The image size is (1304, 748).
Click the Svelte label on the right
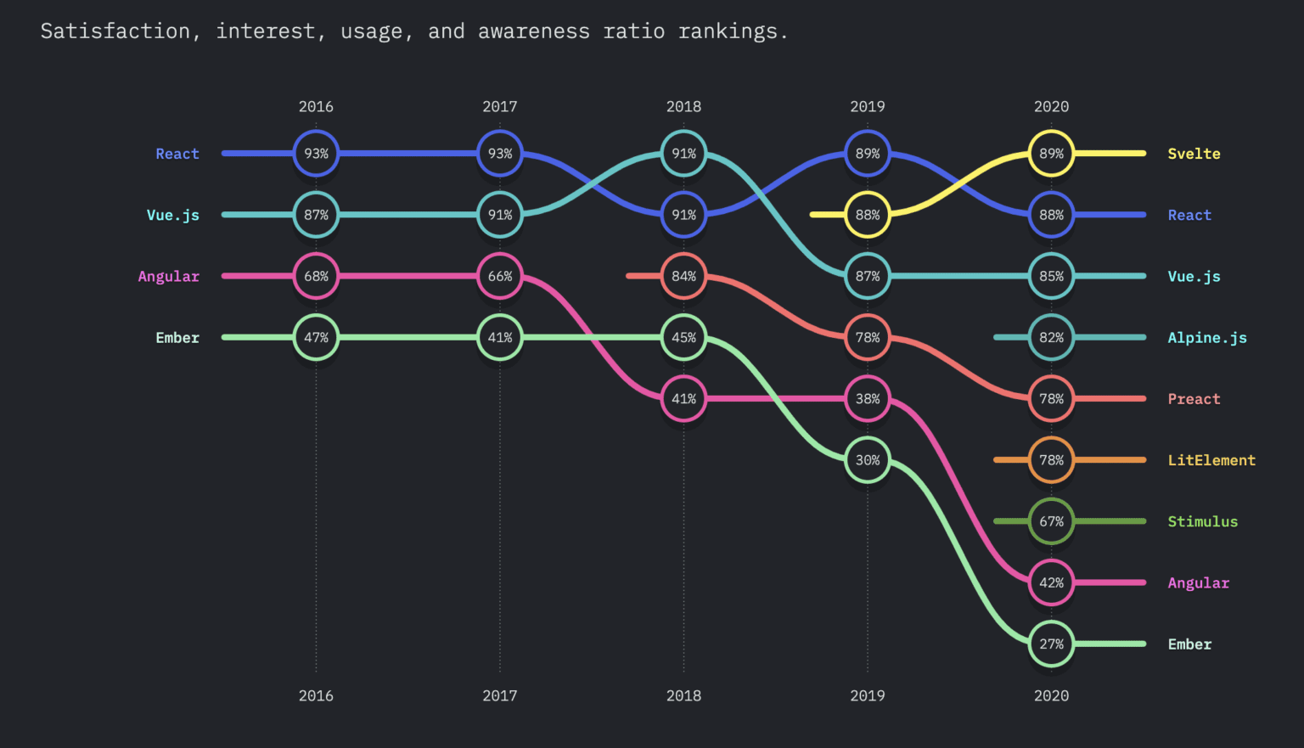tap(1194, 154)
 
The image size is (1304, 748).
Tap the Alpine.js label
tap(1206, 338)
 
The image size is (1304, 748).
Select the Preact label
tap(1194, 399)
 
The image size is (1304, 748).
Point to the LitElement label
tap(1211, 460)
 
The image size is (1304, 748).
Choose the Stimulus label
tap(1202, 521)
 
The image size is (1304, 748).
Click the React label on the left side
tap(177, 154)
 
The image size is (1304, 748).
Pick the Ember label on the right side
tap(1189, 644)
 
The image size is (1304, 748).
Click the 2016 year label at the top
tap(316, 106)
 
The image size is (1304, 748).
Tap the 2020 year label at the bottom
tap(1051, 695)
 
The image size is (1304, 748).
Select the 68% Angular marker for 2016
tap(316, 276)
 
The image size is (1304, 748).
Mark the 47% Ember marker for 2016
tap(316, 337)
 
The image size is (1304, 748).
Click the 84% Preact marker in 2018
tap(683, 276)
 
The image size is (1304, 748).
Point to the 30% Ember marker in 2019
tap(868, 460)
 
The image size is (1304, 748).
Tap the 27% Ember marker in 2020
tap(1051, 644)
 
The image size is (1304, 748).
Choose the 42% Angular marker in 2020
tap(1051, 582)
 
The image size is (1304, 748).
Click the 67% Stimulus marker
tap(1051, 521)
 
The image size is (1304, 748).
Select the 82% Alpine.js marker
tap(1051, 337)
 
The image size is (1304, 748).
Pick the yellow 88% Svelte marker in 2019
tap(868, 215)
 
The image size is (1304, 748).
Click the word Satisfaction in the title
tap(115, 31)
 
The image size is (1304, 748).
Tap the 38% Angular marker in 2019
tap(868, 398)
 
